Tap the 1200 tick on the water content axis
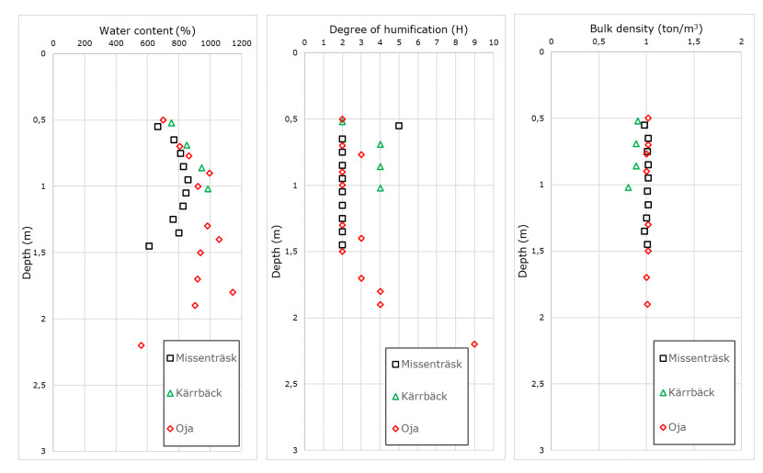click(241, 43)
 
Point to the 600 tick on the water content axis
click(147, 43)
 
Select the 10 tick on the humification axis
click(494, 43)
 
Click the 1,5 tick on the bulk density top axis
click(694, 43)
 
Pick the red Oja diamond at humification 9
click(474, 344)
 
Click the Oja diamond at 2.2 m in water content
click(141, 345)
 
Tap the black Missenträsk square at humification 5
click(399, 126)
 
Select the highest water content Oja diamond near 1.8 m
click(233, 292)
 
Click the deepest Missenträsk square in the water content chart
click(149, 246)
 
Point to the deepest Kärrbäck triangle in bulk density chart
click(629, 187)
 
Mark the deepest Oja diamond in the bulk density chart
click(647, 304)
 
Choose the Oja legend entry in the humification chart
click(415, 429)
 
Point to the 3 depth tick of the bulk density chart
click(541, 450)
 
